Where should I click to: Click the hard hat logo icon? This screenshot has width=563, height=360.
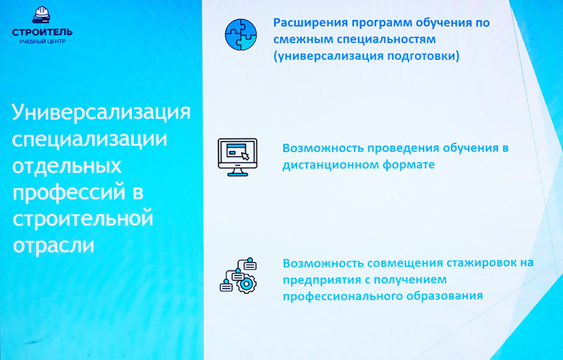click(x=42, y=15)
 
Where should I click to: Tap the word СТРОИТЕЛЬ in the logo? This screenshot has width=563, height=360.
click(x=42, y=33)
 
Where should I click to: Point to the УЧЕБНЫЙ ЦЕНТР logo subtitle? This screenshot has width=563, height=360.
click(x=43, y=42)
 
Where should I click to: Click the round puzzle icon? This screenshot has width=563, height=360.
click(x=241, y=34)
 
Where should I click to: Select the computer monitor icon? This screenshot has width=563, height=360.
click(x=237, y=157)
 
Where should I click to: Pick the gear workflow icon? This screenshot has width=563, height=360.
click(x=238, y=275)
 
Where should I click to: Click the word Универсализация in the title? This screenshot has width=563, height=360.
click(x=101, y=113)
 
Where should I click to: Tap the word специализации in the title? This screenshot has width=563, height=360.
click(x=89, y=140)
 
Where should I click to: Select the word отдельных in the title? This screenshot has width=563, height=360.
click(x=67, y=167)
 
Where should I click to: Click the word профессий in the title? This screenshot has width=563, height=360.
click(x=69, y=193)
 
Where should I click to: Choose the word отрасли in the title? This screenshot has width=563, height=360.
click(x=54, y=246)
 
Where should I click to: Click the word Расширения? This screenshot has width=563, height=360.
click(x=310, y=23)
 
